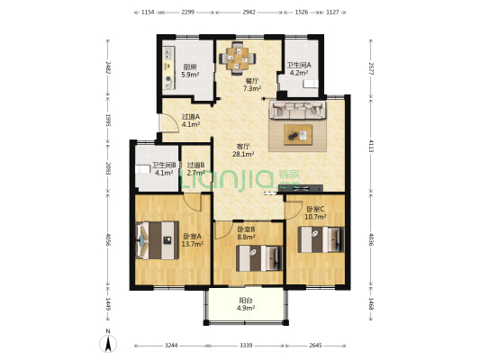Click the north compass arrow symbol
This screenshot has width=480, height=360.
[x=108, y=343]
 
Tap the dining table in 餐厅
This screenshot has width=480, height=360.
[x=237, y=58]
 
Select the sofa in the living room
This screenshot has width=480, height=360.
[x=297, y=110]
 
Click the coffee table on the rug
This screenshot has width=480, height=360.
[x=298, y=135]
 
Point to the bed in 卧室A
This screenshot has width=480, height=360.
[x=157, y=240]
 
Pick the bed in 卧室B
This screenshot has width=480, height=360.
[x=259, y=258]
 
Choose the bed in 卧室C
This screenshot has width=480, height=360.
[x=322, y=239]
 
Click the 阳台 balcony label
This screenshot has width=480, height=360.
[x=246, y=301]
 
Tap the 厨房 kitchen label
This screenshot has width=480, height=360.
[x=190, y=67]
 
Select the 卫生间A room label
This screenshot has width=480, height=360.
[x=299, y=65]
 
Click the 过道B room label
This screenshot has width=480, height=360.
[x=196, y=166]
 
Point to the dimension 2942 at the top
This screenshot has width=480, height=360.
[x=249, y=13]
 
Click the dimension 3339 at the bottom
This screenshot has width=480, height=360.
[x=246, y=346]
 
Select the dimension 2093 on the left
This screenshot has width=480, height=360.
[x=108, y=168]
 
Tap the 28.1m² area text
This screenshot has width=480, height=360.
[x=243, y=154]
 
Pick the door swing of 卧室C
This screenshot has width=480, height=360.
[x=294, y=210]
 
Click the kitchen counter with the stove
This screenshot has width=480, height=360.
[x=168, y=67]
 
